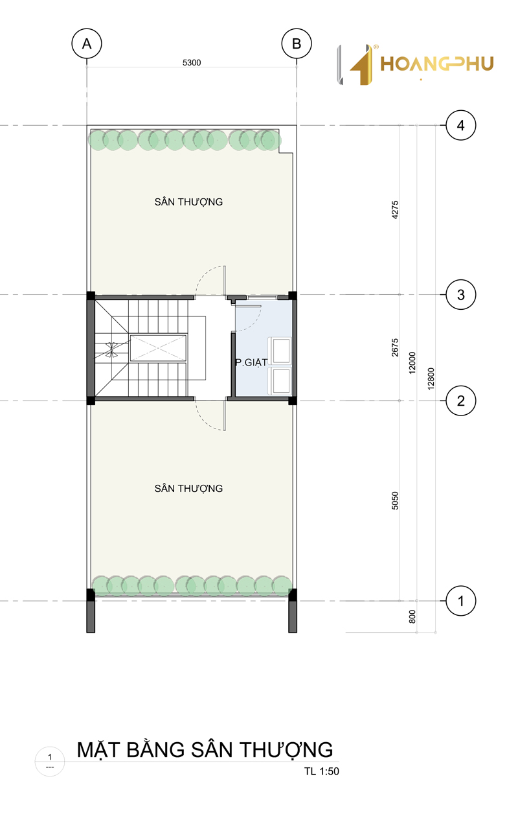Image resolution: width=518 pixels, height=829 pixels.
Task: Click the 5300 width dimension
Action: [192, 62]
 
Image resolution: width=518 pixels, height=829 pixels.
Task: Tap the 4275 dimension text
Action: [395, 210]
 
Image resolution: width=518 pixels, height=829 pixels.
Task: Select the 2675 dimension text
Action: [395, 347]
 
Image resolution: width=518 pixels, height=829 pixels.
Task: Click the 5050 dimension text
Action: [395, 500]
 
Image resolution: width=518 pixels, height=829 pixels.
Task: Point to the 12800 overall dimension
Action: [431, 379]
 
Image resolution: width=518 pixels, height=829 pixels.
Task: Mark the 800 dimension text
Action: [412, 616]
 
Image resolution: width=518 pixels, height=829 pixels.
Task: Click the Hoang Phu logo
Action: [415, 64]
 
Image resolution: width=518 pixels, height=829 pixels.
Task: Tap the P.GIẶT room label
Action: [251, 363]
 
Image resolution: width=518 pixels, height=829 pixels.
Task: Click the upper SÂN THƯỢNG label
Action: [188, 202]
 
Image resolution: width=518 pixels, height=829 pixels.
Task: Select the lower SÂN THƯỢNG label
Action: [188, 488]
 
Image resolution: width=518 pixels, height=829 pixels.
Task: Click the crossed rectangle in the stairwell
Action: [158, 347]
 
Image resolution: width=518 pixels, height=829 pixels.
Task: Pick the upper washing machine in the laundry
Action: [281, 350]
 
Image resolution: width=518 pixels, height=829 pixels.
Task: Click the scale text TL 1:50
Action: [322, 771]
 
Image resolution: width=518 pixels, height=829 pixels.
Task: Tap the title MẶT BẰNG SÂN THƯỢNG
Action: [205, 749]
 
